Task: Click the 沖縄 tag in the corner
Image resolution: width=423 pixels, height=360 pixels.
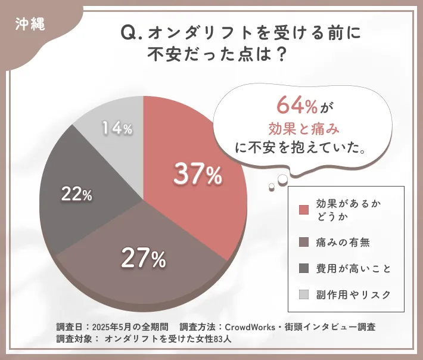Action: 27,25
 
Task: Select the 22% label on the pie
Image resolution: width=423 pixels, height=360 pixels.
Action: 76,194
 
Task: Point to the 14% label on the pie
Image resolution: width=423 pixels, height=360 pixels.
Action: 117,128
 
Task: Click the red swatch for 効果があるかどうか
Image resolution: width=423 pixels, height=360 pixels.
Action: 304,210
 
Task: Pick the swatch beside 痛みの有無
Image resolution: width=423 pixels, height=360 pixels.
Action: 304,242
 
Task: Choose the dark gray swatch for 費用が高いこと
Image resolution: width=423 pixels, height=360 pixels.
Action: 304,268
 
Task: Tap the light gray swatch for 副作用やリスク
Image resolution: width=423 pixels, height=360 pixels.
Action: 304,294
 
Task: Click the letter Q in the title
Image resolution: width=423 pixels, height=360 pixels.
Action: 127,34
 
